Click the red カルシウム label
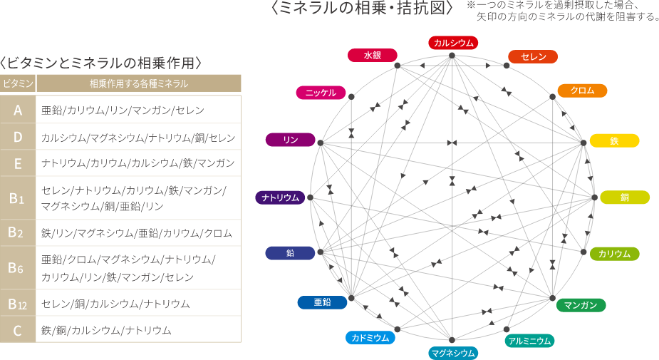[x=454, y=43]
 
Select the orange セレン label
[x=533, y=56]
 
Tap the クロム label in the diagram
[x=582, y=91]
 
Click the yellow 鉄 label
[x=614, y=140]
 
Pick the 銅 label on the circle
[x=624, y=197]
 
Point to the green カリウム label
[x=614, y=254]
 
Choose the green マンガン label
[x=581, y=305]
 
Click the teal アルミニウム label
[x=529, y=341]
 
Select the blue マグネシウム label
[x=453, y=352]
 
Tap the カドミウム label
[x=370, y=337]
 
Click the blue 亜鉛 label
[x=322, y=302]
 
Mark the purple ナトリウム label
[x=281, y=197]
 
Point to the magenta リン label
[x=290, y=140]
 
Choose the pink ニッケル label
[x=321, y=93]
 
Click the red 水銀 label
[x=373, y=55]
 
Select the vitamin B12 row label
[x=18, y=304]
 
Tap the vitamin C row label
[x=18, y=330]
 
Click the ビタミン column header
[x=18, y=83]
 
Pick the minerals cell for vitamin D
[x=138, y=137]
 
